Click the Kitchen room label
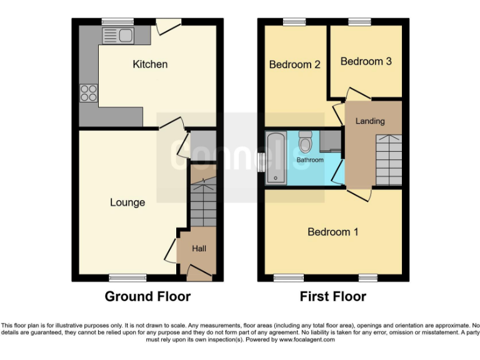(150, 64)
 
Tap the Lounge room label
(127, 202)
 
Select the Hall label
(199, 249)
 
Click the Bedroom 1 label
(332, 232)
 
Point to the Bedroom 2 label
(294, 64)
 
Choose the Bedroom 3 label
(366, 61)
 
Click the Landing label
(370, 121)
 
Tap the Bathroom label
(310, 161)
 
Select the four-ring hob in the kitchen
(89, 92)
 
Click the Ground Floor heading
(147, 296)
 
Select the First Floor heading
(332, 296)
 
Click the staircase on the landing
(388, 159)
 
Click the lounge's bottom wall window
(128, 277)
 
